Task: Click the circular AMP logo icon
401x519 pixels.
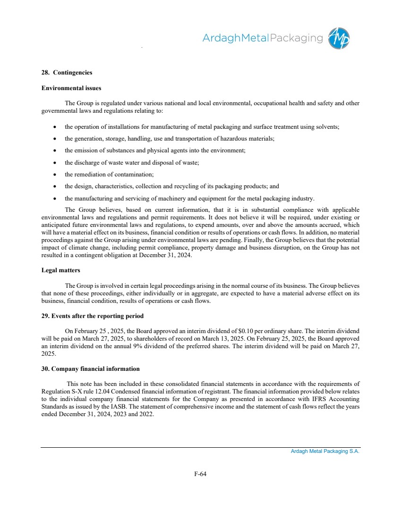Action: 340,38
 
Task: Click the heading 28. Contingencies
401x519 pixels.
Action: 67,73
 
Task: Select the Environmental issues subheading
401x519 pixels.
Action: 71,88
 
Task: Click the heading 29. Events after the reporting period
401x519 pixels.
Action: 93,316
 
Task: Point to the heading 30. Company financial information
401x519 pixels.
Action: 91,368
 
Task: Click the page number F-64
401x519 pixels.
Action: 200,474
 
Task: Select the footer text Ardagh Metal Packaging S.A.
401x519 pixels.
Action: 325,452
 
